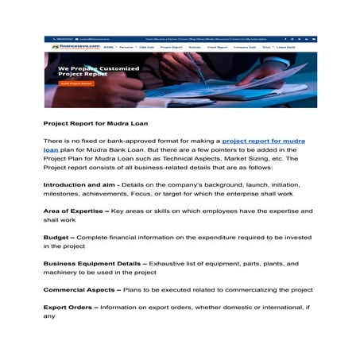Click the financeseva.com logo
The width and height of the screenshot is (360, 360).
[69, 48]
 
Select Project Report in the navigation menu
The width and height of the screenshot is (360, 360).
[172, 48]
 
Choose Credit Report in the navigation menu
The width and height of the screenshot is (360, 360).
[217, 48]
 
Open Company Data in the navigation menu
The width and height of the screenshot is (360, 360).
[245, 48]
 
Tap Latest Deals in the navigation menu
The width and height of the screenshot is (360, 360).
[285, 48]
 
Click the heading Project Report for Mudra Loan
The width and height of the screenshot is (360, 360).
[95, 124]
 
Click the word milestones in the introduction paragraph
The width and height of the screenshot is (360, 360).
[62, 193]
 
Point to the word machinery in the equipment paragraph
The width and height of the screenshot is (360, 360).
[62, 273]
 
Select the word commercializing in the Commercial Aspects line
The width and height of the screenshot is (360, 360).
[254, 289]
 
